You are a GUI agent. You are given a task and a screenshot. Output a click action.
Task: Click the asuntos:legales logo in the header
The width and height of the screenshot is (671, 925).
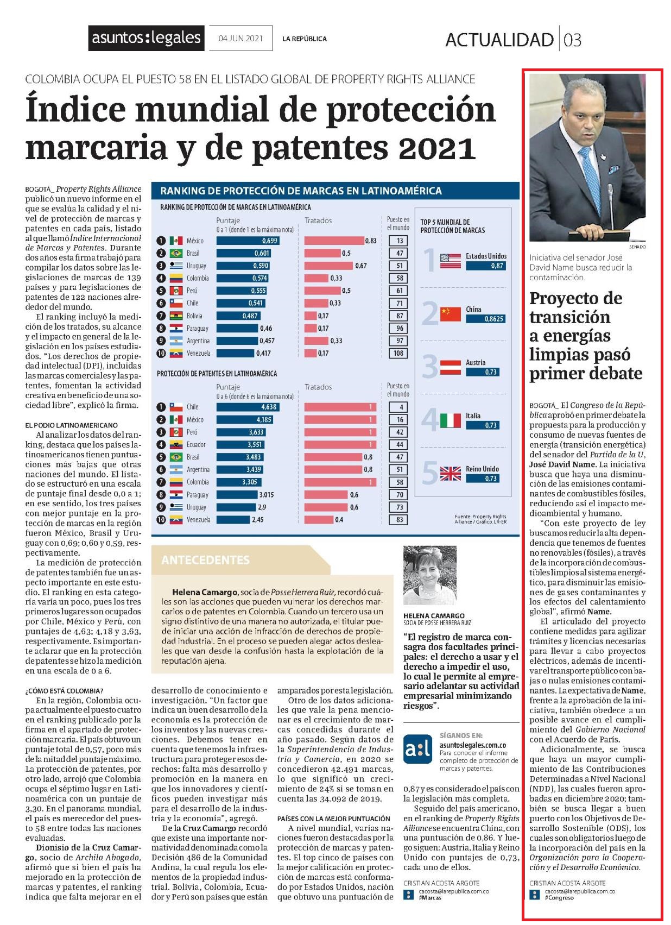click(x=146, y=39)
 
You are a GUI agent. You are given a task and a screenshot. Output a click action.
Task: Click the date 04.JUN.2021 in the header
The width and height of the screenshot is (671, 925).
click(x=240, y=39)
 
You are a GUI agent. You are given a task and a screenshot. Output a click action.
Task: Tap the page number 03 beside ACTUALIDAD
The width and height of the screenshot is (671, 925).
click(x=572, y=40)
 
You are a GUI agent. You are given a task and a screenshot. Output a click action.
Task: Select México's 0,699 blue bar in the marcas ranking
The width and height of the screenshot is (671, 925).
click(x=248, y=241)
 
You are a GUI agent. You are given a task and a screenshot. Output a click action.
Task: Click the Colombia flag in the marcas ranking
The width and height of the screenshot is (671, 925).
click(x=176, y=278)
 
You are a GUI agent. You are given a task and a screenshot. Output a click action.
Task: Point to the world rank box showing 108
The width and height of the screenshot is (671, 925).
click(x=398, y=353)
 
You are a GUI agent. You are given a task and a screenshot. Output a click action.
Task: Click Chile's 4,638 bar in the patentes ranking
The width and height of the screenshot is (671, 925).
click(x=248, y=407)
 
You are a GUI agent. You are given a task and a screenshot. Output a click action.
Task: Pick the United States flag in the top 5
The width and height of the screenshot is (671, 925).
click(x=450, y=261)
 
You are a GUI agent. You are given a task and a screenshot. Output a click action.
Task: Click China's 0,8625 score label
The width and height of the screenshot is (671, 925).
click(x=485, y=319)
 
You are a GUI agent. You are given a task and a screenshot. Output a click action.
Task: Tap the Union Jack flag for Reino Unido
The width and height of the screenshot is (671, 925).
click(x=450, y=473)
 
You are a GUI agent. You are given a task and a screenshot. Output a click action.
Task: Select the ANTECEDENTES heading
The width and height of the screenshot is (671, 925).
click(x=206, y=560)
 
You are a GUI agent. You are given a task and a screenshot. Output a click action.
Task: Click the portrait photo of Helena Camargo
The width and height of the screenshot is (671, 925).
click(x=429, y=575)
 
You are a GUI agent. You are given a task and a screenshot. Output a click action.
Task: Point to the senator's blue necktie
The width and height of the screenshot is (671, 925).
click(x=591, y=180)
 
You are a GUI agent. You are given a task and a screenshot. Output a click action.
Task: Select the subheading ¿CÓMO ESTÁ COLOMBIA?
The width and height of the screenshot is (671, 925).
click(x=65, y=691)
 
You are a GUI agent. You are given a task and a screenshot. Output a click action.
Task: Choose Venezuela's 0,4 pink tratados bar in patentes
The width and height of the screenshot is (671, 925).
click(x=319, y=519)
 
